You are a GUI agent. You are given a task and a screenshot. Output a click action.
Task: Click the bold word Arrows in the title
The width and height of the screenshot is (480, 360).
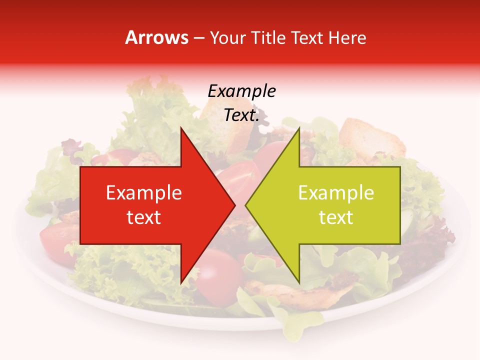pos(157,37)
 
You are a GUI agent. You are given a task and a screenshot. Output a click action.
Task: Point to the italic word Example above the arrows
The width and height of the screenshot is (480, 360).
pos(241,91)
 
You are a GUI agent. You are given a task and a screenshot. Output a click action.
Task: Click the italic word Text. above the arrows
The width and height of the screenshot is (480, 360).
pos(241,115)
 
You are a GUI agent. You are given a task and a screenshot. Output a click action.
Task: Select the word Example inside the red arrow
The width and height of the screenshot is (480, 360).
pos(144,192)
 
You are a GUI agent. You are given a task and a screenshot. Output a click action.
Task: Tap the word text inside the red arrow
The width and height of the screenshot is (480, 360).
pos(144,217)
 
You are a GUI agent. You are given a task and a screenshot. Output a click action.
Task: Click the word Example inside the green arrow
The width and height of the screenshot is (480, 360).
pos(336,192)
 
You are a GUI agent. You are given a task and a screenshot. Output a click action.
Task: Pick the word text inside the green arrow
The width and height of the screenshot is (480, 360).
pos(336,217)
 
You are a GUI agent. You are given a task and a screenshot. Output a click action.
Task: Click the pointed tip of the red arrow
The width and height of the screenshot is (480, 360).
pos(235,205)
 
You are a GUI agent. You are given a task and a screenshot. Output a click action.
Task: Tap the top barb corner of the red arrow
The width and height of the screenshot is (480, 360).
pos(181,128)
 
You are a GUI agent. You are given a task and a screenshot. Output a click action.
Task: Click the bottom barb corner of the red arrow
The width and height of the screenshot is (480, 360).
pos(181,283)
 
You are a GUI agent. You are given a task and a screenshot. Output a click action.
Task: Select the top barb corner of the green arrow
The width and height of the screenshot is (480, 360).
pos(299,128)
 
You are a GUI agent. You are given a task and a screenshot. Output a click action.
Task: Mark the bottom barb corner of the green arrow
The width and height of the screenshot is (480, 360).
pos(299,283)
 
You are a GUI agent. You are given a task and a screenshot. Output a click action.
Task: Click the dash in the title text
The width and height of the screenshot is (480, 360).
pos(198,38)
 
